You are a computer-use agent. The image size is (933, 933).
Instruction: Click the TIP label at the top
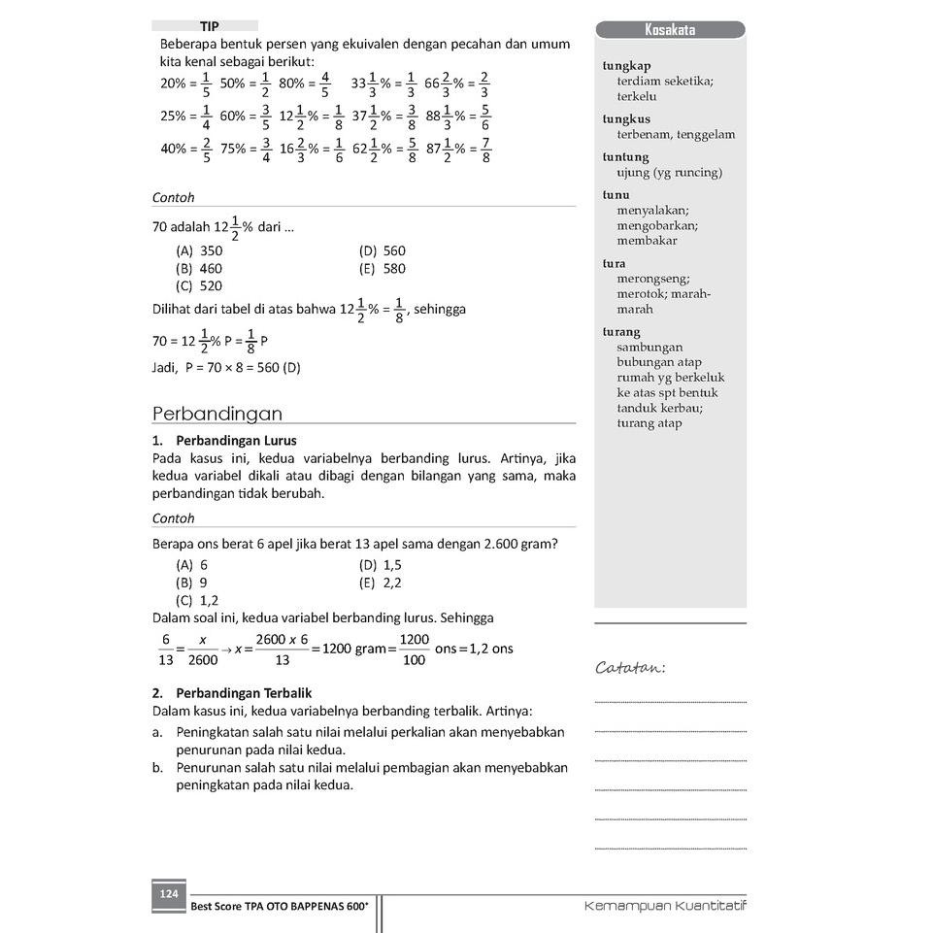click(209, 26)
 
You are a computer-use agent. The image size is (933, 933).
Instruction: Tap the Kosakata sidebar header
click(670, 30)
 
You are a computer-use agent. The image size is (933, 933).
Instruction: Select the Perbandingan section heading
click(217, 414)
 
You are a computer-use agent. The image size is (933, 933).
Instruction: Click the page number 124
click(169, 894)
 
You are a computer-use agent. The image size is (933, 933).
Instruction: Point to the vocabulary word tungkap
click(626, 66)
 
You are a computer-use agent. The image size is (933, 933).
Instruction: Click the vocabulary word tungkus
click(626, 119)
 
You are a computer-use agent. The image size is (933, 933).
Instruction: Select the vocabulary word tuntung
click(625, 157)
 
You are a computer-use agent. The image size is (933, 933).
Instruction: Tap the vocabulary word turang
click(621, 332)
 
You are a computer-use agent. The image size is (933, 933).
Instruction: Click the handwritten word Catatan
click(630, 668)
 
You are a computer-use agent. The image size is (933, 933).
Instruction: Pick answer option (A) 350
click(199, 250)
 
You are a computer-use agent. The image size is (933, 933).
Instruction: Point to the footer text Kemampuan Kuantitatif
click(665, 906)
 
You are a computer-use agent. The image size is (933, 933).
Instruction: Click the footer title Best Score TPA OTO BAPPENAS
click(280, 907)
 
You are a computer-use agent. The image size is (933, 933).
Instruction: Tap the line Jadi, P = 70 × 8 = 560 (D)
click(226, 368)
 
